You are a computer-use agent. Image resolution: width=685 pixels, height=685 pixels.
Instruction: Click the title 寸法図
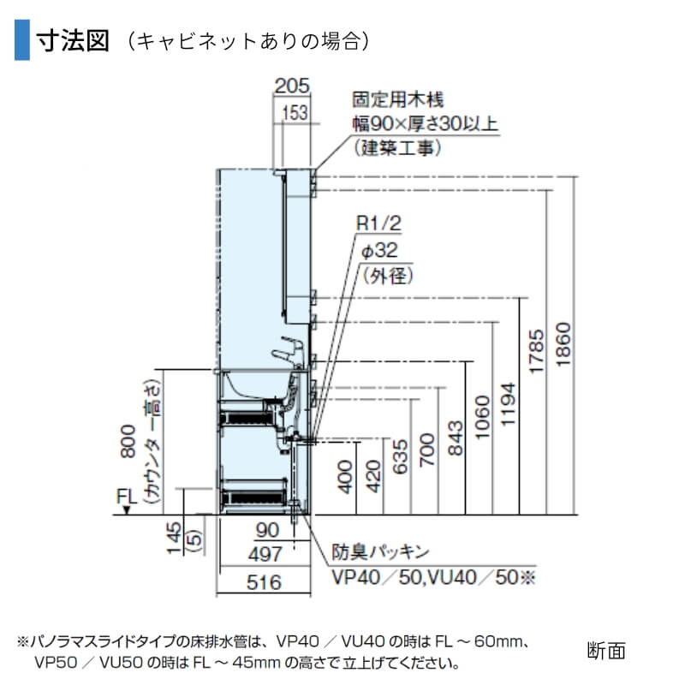pos(73,40)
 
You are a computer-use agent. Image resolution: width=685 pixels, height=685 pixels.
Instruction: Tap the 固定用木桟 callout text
pos(402,101)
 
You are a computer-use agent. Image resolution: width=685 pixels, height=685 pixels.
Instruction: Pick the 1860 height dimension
pos(563,347)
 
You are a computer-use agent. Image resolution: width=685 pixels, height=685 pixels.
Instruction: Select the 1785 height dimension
pos(536,353)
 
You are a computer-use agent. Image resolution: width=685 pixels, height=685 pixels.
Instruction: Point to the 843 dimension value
pos(456,438)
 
